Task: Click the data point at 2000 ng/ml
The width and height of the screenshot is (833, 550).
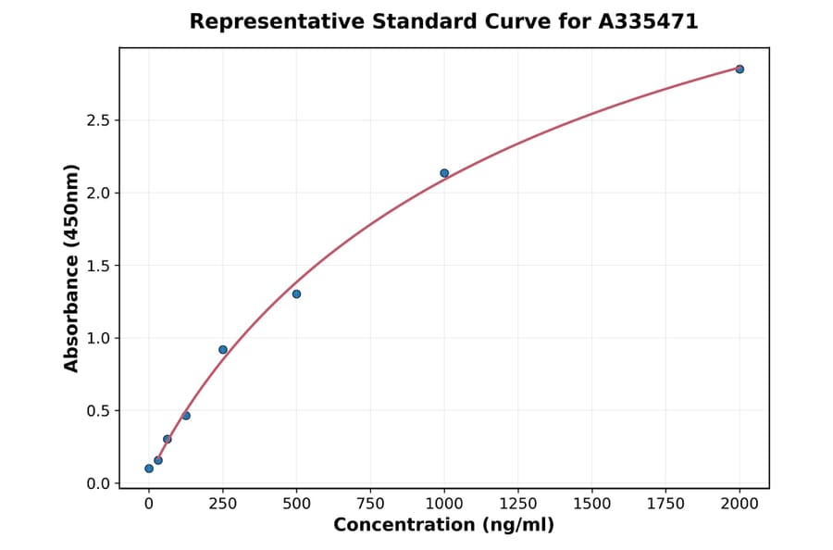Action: [x=740, y=69]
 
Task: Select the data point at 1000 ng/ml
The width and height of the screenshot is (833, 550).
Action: [x=444, y=173]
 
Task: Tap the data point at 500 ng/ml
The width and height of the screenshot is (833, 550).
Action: [x=296, y=294]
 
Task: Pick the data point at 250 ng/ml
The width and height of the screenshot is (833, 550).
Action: [x=223, y=350]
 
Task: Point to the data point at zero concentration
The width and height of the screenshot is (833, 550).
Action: [x=149, y=469]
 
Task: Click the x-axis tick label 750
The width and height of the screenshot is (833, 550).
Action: [x=370, y=503]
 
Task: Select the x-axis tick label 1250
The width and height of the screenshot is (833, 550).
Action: [x=518, y=503]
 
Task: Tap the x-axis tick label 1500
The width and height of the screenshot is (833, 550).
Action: [x=592, y=503]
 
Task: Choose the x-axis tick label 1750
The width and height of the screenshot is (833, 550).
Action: [x=665, y=503]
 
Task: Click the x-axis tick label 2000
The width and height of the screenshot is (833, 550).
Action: [x=740, y=503]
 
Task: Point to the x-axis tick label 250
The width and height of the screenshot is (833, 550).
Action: [x=223, y=503]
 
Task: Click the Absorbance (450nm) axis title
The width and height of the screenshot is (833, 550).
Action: [x=72, y=268]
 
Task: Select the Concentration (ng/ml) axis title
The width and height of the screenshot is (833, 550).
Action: [x=444, y=526]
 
